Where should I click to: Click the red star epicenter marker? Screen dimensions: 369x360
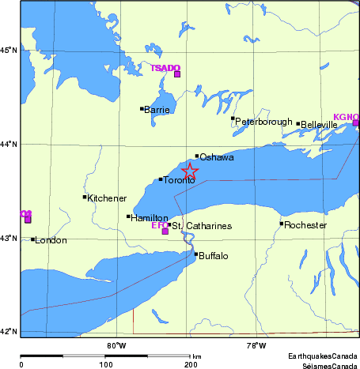coord(190,171)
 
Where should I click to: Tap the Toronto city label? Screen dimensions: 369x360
coord(179,181)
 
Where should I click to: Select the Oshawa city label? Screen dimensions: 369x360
coord(216,158)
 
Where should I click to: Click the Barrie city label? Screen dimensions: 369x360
coord(157,110)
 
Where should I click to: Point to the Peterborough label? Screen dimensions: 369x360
coord(262,122)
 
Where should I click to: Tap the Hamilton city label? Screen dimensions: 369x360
coord(150,218)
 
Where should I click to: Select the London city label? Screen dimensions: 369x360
coord(51,240)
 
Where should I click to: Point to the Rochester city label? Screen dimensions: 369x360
coord(306,225)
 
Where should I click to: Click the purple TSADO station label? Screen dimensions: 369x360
coord(165,68)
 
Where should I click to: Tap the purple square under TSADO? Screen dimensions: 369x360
coord(177,75)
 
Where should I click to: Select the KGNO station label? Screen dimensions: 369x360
coord(346,116)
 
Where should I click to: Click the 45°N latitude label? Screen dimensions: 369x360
coord(9,51)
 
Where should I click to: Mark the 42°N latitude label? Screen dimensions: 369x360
coord(9,332)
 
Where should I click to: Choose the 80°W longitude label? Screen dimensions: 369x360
coord(116,345)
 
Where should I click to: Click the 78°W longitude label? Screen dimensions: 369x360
coord(256,345)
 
